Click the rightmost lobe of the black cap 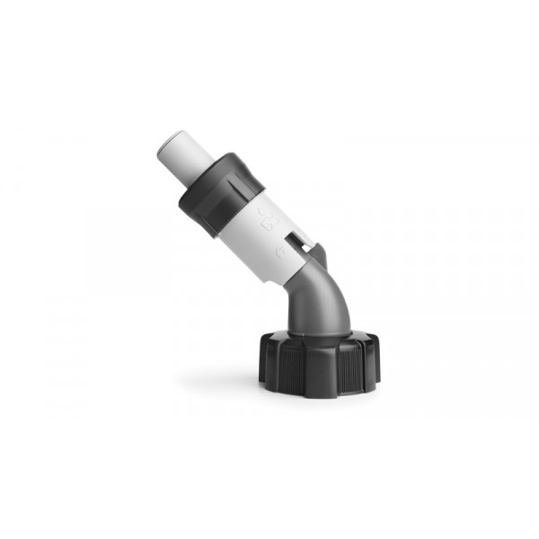click(x=375, y=359)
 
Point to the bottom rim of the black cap click(x=319, y=393)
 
